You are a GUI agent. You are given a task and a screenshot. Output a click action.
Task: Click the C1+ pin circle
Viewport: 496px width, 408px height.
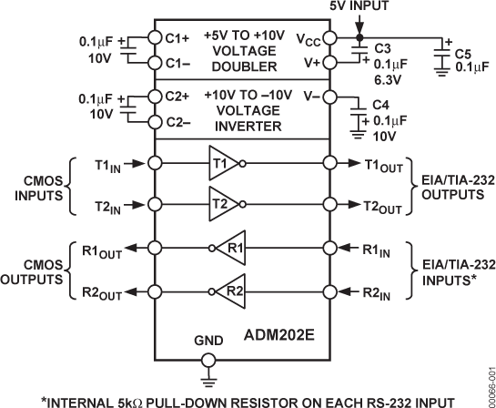tap(155, 40)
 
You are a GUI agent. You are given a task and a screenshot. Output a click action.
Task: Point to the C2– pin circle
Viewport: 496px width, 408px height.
tap(155, 122)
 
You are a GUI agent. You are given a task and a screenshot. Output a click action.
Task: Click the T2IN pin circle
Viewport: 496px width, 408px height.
tap(155, 206)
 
